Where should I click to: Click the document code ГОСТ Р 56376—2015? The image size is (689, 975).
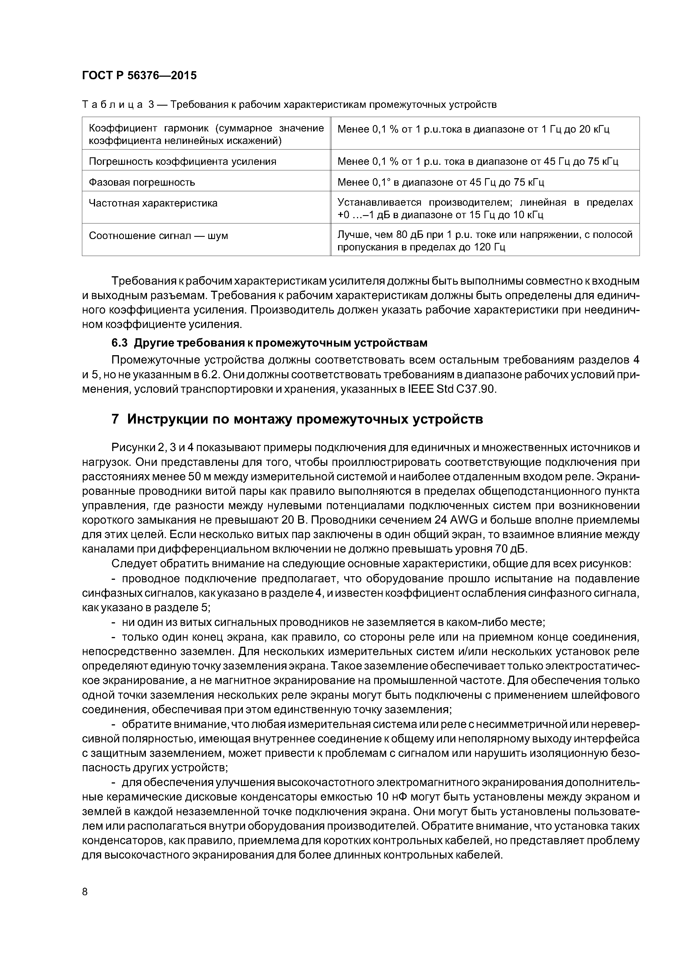pyautogui.click(x=139, y=76)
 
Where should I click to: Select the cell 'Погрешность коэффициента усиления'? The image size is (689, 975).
pyautogui.click(x=183, y=161)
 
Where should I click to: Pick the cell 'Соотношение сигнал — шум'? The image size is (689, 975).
pyautogui.click(x=158, y=236)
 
